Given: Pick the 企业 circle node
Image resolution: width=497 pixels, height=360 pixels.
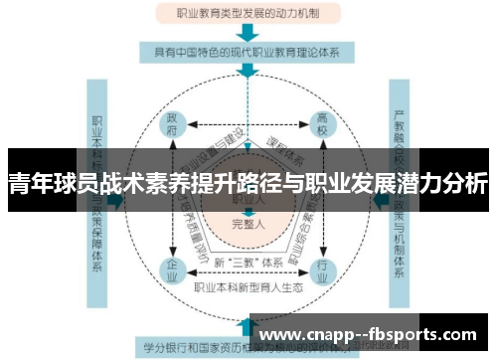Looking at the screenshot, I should (172, 268).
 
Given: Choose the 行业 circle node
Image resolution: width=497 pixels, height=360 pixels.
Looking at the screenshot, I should (321, 268).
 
